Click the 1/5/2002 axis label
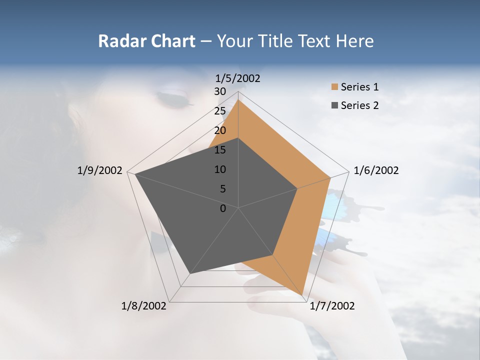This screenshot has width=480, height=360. click(x=238, y=78)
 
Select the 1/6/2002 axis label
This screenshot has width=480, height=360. click(x=376, y=170)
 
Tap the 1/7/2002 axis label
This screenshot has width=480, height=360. click(x=332, y=306)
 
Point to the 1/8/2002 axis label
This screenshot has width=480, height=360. click(x=144, y=306)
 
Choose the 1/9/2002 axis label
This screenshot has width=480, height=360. click(x=100, y=170)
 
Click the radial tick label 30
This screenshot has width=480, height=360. click(x=220, y=91)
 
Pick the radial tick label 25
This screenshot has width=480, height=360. click(x=220, y=111)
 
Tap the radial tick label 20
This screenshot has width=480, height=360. click(x=220, y=130)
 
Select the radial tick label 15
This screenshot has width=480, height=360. click(x=220, y=150)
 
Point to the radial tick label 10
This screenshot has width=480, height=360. click(x=220, y=169)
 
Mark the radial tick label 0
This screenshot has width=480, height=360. click(x=223, y=208)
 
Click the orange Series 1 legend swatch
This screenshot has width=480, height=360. click(x=334, y=87)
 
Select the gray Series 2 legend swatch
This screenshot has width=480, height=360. click(x=334, y=105)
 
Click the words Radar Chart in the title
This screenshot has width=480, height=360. click(x=146, y=41)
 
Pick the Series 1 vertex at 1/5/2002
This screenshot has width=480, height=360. click(x=238, y=100)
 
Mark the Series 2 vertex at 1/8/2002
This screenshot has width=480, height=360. click(x=190, y=273)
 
